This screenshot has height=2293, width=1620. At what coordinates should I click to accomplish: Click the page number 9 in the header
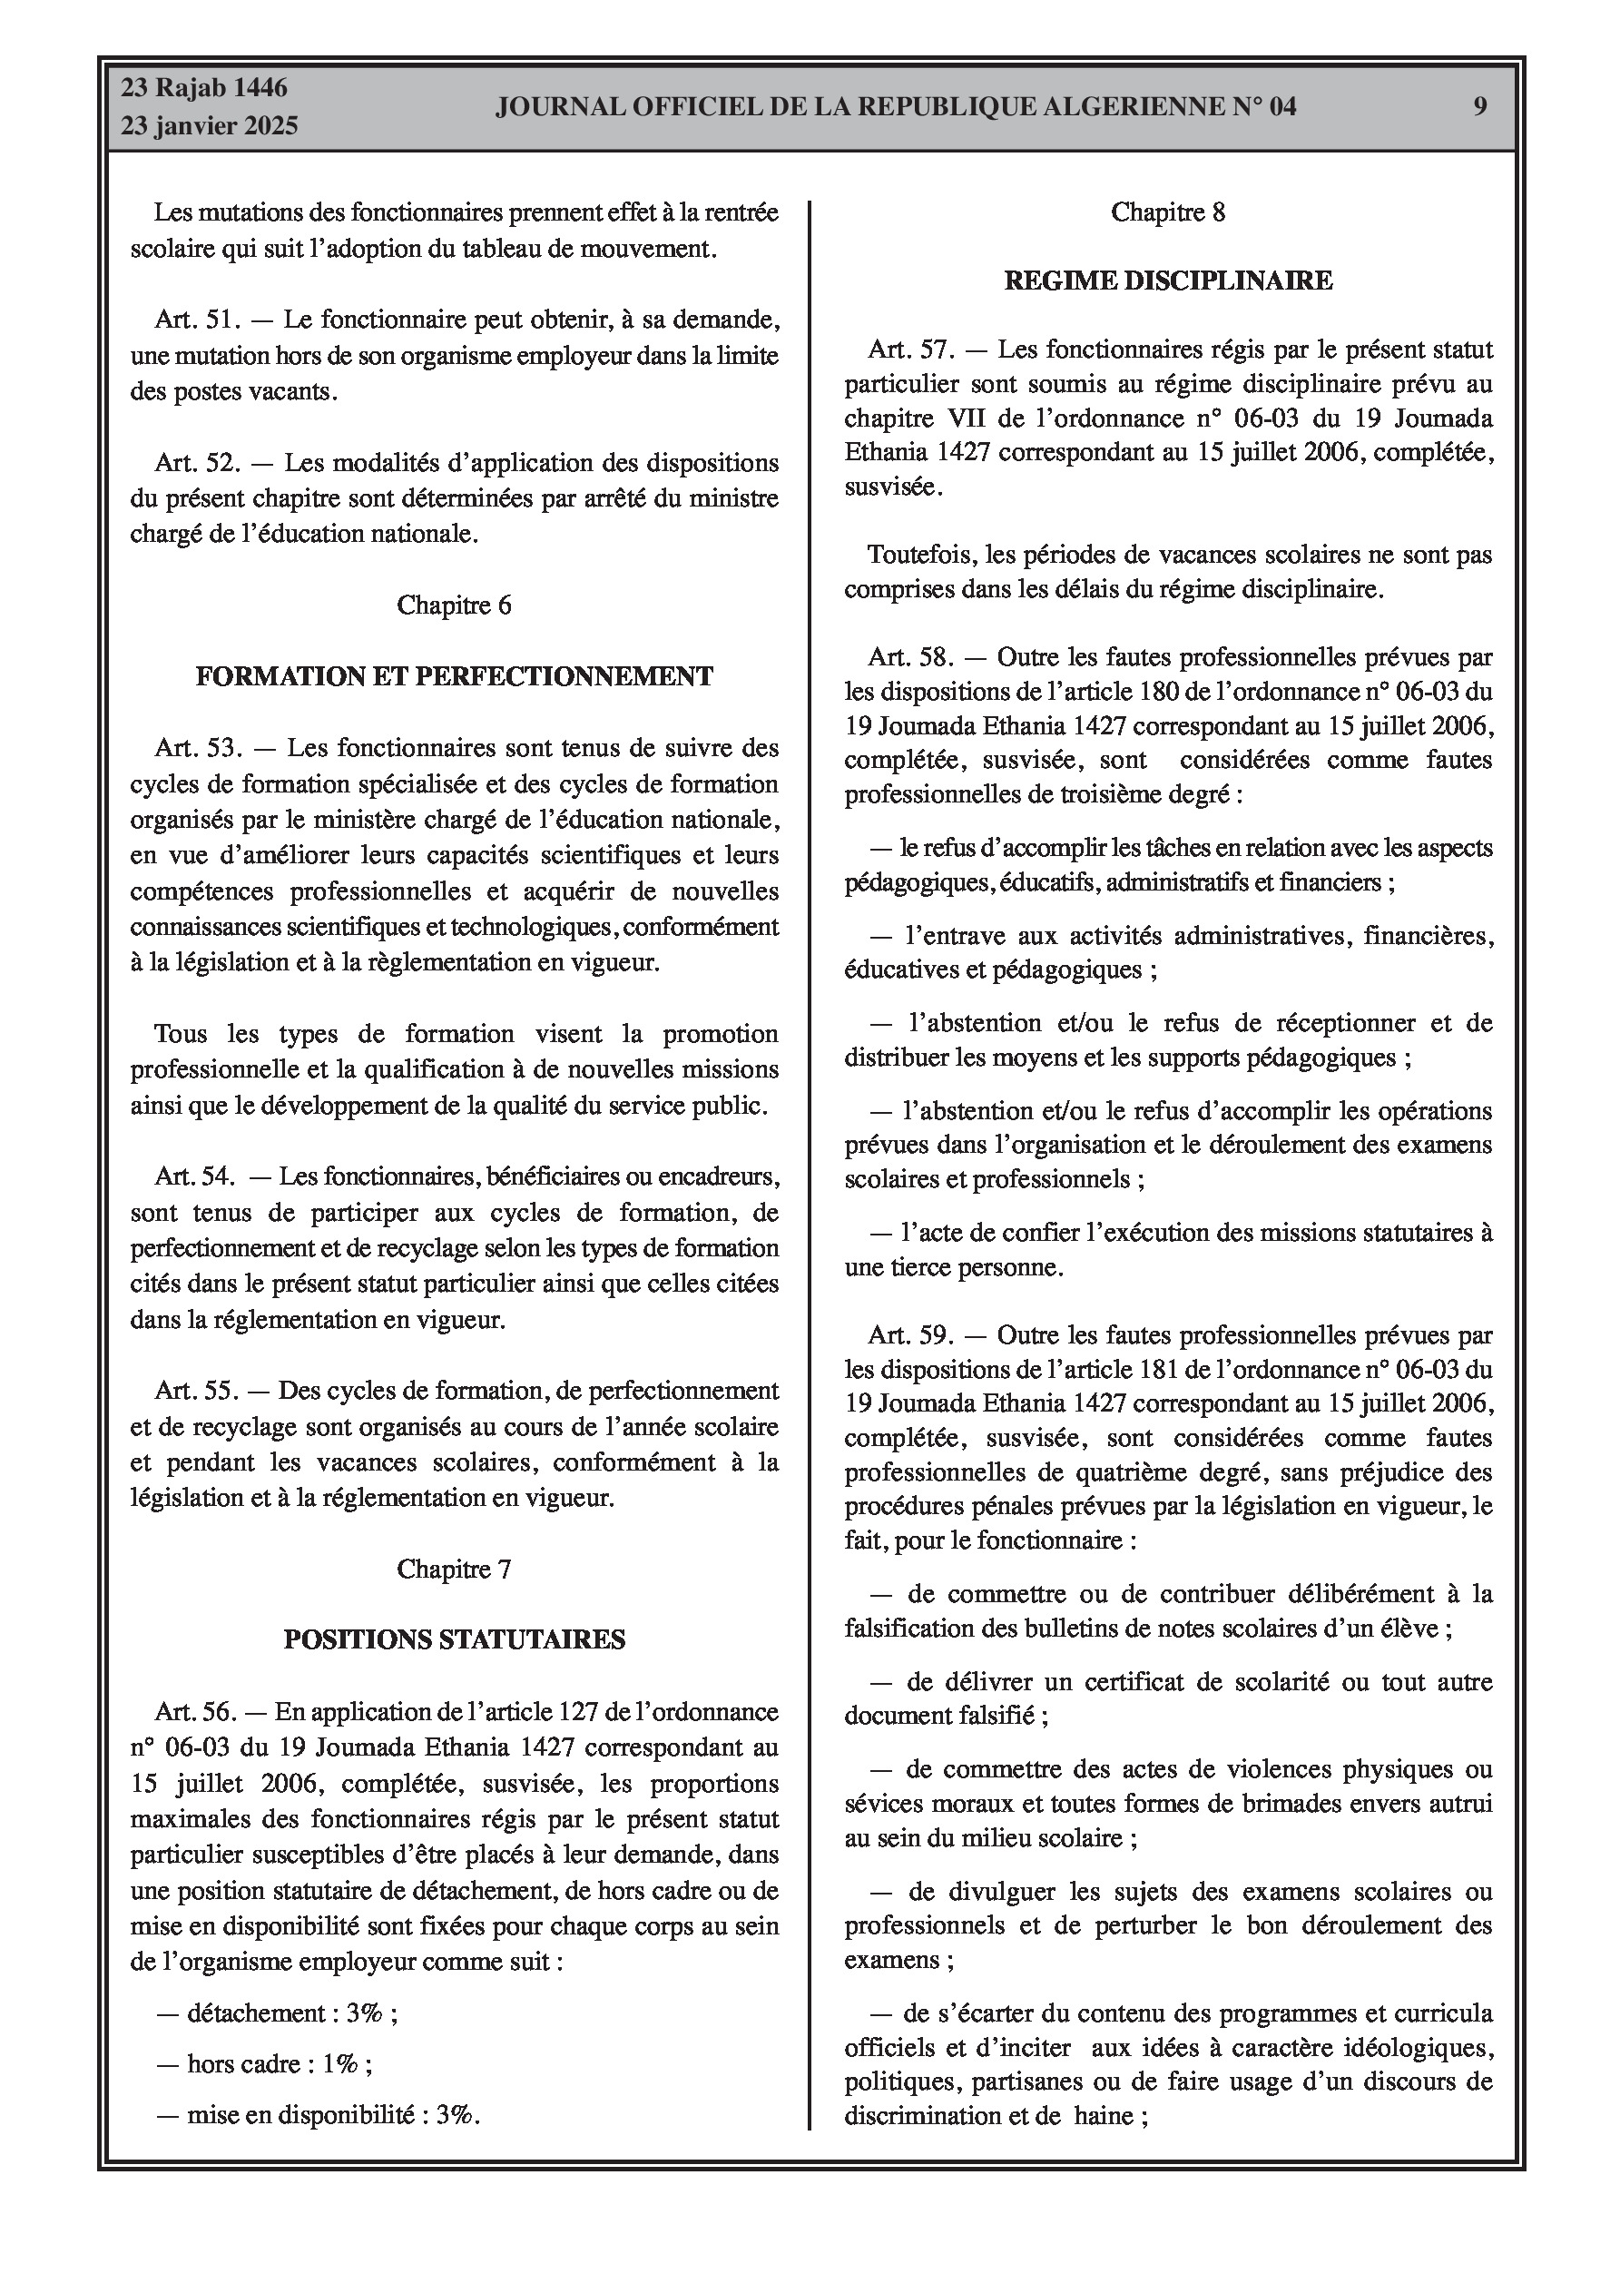(1480, 106)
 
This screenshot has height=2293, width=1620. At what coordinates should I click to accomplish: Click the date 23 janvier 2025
(210, 126)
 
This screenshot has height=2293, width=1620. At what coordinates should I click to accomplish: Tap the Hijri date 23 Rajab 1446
(205, 88)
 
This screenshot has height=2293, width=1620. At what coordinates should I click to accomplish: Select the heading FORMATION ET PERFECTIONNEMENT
(455, 676)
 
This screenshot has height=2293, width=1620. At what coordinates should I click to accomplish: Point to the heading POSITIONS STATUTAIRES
(455, 1639)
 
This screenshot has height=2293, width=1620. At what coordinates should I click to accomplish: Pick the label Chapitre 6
(455, 605)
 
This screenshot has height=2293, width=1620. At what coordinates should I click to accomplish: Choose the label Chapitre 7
(455, 1569)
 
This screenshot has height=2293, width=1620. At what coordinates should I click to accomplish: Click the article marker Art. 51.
(198, 320)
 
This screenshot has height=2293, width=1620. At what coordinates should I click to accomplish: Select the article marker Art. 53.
(198, 748)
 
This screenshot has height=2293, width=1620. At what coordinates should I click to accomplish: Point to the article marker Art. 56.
(196, 1712)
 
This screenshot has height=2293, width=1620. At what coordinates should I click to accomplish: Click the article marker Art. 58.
(911, 656)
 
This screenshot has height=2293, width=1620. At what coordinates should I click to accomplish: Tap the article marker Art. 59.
(911, 1335)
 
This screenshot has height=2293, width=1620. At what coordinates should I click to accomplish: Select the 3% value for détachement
(365, 2013)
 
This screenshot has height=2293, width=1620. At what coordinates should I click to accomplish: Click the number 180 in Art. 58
(1160, 691)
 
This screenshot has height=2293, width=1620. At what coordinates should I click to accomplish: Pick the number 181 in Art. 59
(1160, 1369)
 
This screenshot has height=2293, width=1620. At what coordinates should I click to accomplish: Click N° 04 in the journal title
(1263, 107)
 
